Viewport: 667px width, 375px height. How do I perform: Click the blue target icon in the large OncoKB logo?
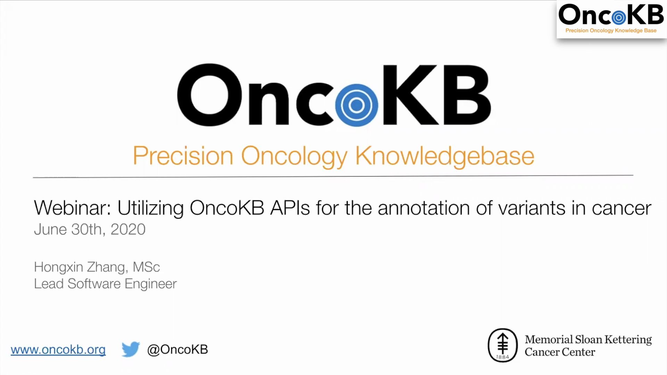coord(356,105)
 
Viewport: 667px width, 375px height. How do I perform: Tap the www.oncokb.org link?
coord(58,350)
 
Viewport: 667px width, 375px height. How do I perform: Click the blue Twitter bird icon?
coord(130,349)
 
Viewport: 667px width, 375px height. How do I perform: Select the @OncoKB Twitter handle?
coord(178,349)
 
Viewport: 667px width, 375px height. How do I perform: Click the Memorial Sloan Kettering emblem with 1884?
coord(502,345)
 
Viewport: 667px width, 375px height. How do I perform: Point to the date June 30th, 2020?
coord(90,230)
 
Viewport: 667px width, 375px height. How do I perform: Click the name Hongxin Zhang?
coord(79,267)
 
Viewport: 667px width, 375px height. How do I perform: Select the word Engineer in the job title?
coord(150,284)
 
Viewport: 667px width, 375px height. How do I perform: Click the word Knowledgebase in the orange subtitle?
coord(444,156)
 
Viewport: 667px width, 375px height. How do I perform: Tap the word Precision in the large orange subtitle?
coord(183,156)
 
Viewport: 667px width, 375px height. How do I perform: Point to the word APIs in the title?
coord(290,208)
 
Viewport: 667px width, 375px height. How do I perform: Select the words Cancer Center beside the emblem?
coord(560,352)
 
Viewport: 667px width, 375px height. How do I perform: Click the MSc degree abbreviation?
coord(146,267)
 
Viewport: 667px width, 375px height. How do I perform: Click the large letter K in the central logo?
coord(410,95)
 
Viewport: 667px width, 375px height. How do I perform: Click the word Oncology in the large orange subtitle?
coord(294,156)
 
